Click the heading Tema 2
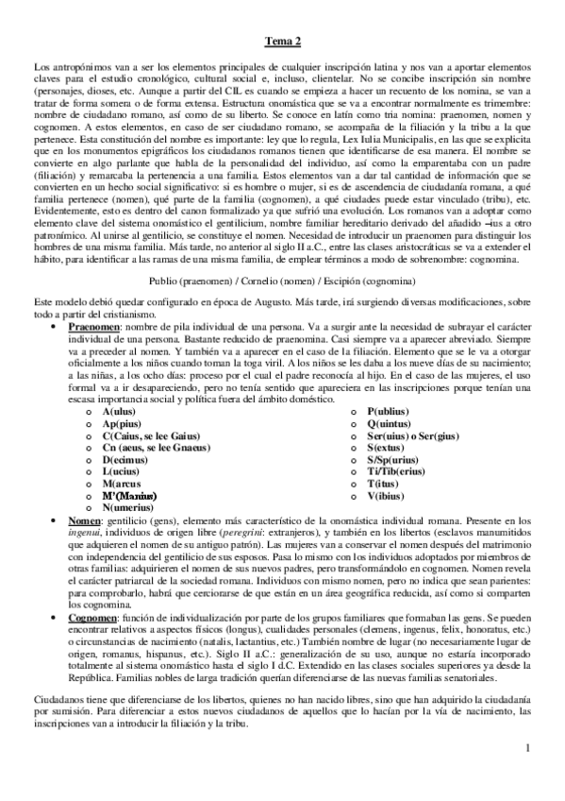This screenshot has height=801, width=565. click(282, 41)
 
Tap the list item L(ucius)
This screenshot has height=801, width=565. click(122, 470)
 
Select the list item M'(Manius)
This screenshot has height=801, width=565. click(129, 494)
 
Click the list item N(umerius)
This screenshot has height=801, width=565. click(128, 506)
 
